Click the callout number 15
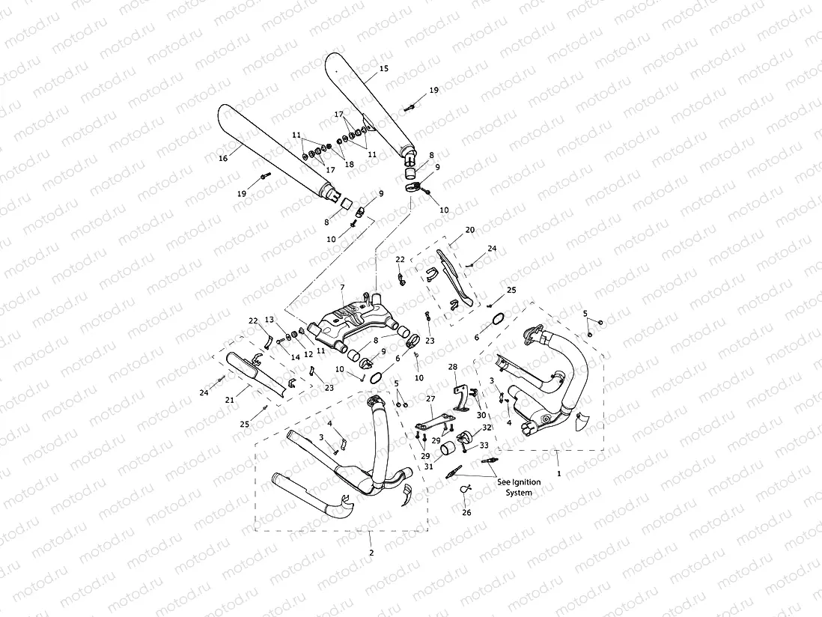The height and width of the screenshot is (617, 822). (383, 68)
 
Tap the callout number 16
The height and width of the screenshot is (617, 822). (222, 159)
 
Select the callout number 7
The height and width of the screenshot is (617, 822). (341, 288)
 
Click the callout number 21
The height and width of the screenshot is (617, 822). (230, 400)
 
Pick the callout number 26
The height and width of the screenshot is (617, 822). (466, 513)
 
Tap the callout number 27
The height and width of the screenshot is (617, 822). (430, 398)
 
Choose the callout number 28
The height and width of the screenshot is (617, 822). (452, 367)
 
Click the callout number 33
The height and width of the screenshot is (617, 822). (484, 446)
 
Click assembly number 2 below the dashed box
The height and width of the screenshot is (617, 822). (371, 553)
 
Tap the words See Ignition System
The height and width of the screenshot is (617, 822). (518, 487)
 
